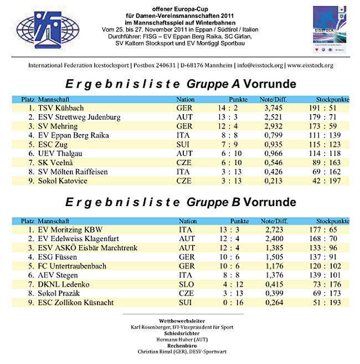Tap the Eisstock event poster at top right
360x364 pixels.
(331, 30)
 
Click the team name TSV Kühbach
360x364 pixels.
(61, 108)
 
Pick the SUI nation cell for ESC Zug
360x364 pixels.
(184, 144)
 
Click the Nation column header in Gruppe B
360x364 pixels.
(188, 221)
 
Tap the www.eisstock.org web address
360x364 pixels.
(310, 65)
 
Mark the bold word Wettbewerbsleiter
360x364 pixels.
(180, 321)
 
